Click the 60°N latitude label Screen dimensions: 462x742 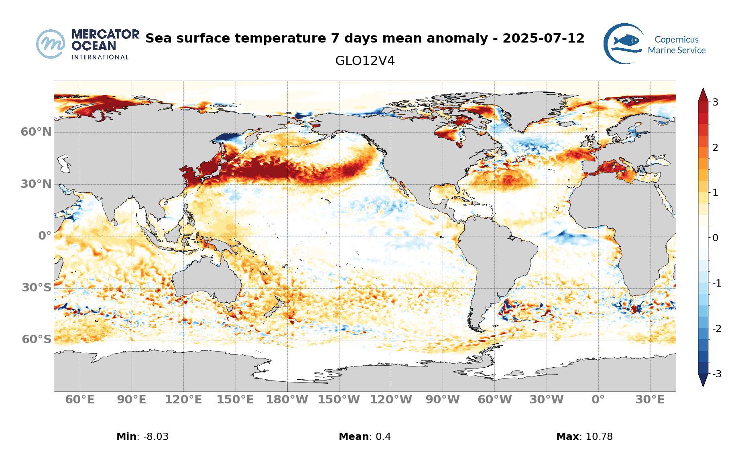36,132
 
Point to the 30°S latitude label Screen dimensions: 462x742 37,287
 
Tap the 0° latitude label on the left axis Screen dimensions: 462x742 45,236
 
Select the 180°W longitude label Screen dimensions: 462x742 287,400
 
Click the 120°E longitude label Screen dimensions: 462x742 183,400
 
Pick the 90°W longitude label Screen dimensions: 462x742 443,400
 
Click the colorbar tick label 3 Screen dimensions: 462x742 715,102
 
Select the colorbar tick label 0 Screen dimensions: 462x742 715,238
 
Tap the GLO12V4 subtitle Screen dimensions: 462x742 365,61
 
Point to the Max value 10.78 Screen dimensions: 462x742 599,437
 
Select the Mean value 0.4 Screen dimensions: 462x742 383,437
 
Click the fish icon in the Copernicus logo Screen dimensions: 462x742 626,41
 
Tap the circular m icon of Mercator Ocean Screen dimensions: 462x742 51,44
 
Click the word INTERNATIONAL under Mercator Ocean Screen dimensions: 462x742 100,57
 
